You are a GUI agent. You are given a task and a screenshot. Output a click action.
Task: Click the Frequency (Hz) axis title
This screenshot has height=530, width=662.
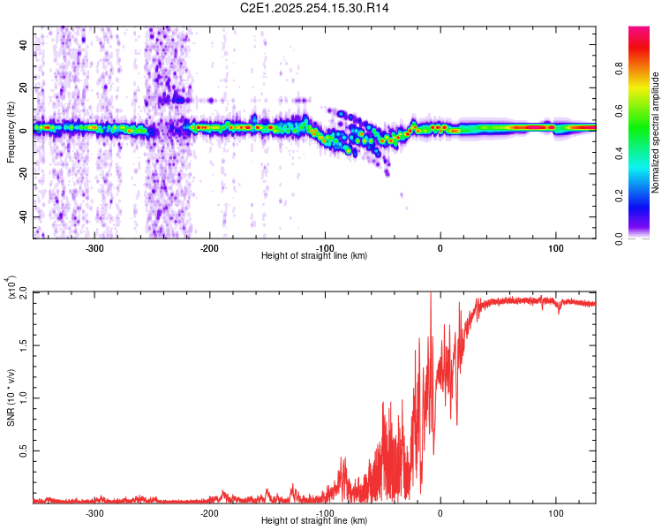[11, 132]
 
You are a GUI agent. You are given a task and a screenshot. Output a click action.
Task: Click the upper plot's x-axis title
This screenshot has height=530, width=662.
[314, 255]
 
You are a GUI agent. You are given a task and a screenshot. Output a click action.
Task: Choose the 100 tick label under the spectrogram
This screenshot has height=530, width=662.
[556, 248]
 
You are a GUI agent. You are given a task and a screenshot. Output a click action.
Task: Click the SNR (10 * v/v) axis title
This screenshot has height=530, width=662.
[11, 397]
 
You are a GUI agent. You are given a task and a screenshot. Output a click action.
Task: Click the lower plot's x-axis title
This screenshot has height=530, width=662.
[314, 520]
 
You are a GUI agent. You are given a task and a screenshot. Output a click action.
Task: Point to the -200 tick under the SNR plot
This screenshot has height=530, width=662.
[210, 513]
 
